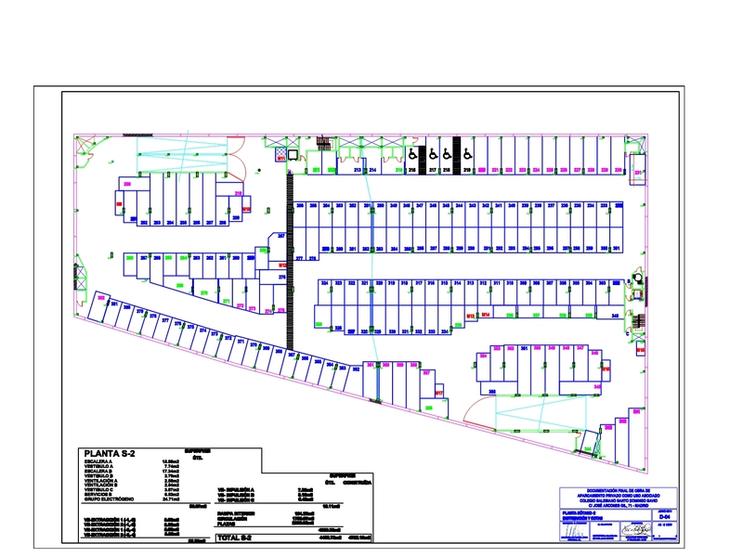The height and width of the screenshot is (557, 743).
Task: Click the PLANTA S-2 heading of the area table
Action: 111,452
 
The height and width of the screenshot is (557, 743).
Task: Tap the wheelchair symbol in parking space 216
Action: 411,153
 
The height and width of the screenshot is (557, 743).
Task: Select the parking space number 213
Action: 357,170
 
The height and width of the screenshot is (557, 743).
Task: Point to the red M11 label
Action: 280,160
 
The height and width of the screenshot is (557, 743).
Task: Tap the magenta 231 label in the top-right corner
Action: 639,173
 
